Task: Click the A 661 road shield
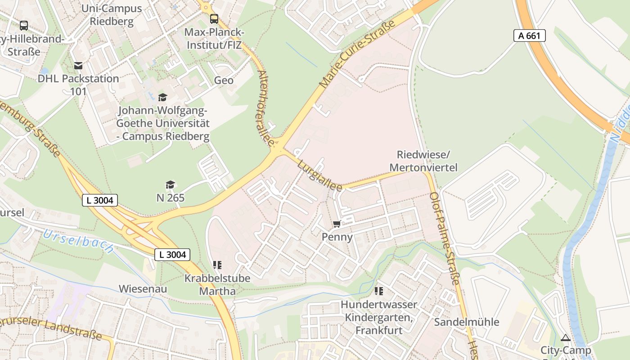coord(529,36)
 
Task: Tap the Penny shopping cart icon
coord(337,224)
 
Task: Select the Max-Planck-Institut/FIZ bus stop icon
coord(214,19)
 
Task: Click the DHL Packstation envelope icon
coord(79,66)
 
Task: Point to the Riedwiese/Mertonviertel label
coord(423,161)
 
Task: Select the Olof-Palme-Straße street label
coord(444,238)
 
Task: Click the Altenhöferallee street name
coord(266,108)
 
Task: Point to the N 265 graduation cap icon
coord(170,184)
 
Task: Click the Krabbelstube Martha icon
coord(217,265)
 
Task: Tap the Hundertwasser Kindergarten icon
coord(378,291)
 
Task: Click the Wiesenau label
coord(143,288)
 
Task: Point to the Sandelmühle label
coord(466,322)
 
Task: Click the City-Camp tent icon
coord(565,337)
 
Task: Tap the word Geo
coord(224,80)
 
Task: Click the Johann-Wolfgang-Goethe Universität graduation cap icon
coord(162,97)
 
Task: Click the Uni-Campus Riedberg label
coord(112,15)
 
